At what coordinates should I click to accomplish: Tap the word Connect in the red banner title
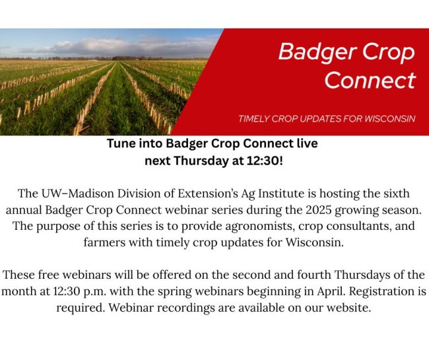pyautogui.click(x=370, y=80)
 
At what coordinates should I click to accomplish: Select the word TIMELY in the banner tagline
pyautogui.click(x=255, y=119)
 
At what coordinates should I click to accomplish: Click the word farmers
pyautogui.click(x=109, y=242)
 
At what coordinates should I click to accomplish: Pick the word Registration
pyautogui.click(x=380, y=291)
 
